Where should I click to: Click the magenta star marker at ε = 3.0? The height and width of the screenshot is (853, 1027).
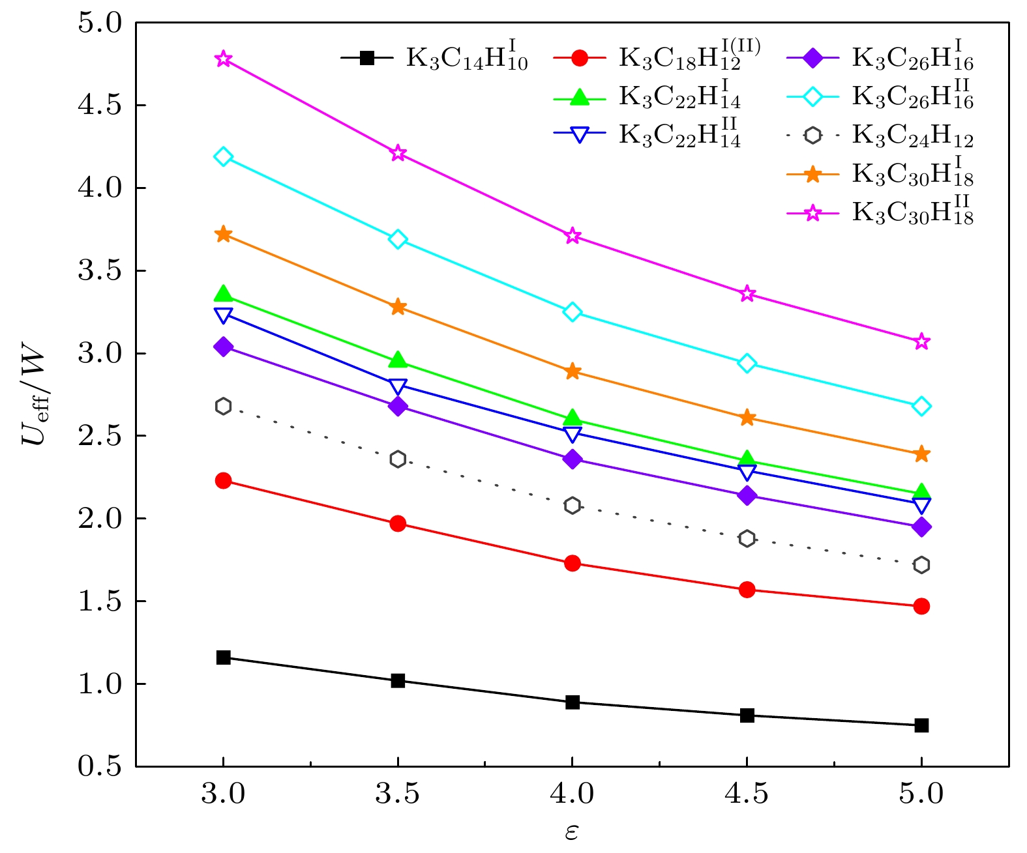[x=223, y=59]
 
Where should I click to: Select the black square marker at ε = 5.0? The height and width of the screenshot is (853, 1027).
[x=921, y=725]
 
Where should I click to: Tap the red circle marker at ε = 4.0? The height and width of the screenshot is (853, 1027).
[x=573, y=563]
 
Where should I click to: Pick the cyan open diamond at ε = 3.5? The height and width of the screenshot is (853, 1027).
[x=398, y=239]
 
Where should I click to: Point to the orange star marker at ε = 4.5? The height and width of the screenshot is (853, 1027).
[x=747, y=418]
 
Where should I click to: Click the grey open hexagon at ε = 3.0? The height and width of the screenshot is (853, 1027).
[x=223, y=406]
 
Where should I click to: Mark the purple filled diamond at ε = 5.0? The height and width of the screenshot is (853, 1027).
[x=921, y=527]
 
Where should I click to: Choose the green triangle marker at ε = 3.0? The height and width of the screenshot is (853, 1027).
[x=223, y=294]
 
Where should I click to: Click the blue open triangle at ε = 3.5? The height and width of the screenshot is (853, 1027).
[x=398, y=386]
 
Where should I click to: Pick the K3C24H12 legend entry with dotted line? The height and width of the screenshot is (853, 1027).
[x=880, y=136]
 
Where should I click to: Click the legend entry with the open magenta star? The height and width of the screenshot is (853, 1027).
[x=880, y=213]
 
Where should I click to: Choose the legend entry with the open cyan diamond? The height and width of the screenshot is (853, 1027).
[x=880, y=97]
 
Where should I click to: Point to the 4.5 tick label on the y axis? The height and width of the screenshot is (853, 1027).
[x=100, y=106]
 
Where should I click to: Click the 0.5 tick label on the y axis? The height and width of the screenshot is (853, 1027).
[x=100, y=766]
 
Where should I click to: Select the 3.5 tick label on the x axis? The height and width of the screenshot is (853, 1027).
[x=398, y=794]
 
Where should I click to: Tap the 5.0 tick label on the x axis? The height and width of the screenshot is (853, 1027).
[x=921, y=794]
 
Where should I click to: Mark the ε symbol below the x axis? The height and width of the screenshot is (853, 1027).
[x=571, y=832]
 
